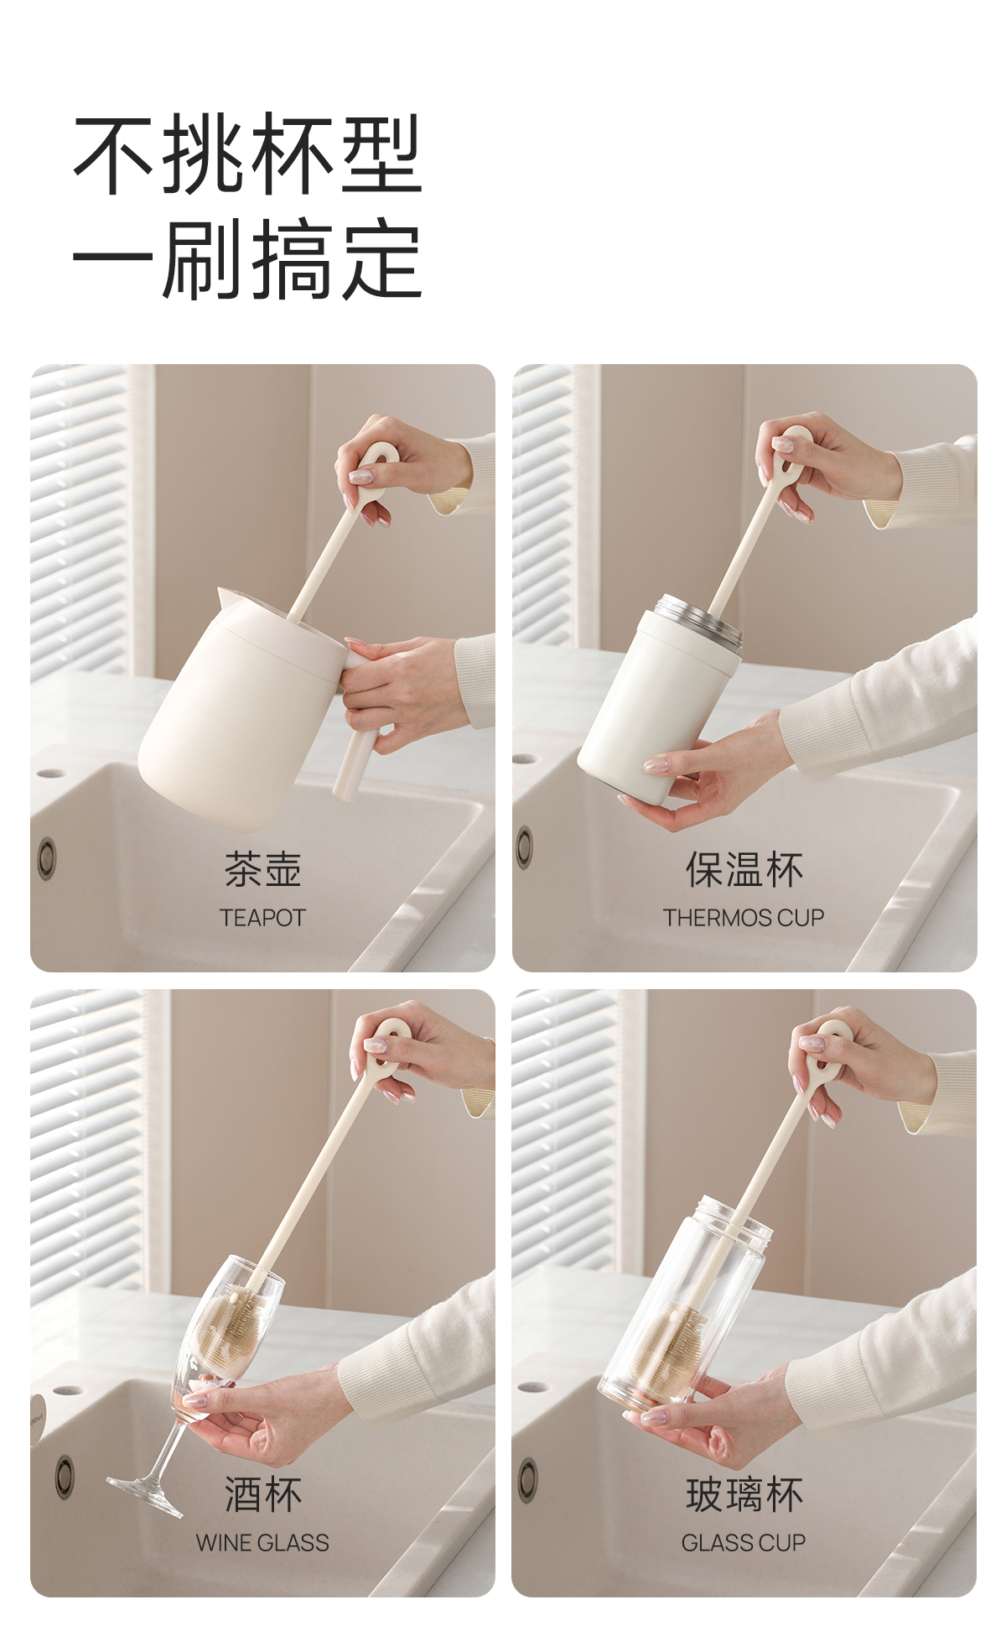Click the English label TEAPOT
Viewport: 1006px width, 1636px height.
click(x=262, y=917)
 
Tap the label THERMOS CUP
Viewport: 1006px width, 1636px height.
click(x=744, y=917)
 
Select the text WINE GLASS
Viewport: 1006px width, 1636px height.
click(x=262, y=1542)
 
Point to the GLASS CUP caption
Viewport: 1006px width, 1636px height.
click(x=744, y=1542)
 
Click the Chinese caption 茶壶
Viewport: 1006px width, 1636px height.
click(x=262, y=869)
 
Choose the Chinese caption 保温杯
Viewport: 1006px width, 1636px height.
click(x=744, y=869)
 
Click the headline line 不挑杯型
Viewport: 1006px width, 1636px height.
click(x=248, y=154)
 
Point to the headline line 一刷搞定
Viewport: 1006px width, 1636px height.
click(x=248, y=259)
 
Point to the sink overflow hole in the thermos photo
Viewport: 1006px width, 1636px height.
click(x=525, y=847)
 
